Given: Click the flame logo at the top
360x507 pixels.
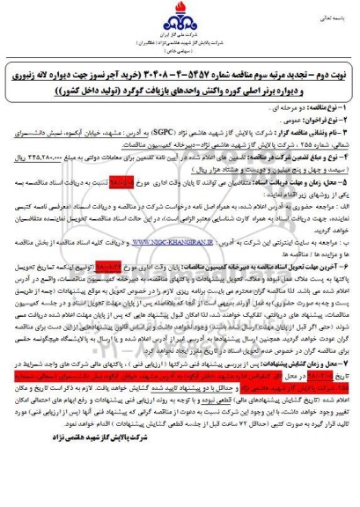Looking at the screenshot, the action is tap(180, 19).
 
